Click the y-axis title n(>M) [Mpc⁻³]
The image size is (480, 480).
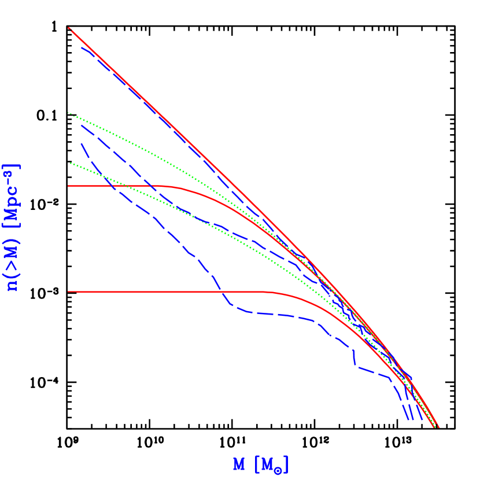coord(12,227)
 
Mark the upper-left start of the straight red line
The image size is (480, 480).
coord(69,28)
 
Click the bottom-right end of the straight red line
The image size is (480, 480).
coord(438,427)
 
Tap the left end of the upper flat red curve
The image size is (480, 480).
coord(69,186)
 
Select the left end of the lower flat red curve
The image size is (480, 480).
coord(69,291)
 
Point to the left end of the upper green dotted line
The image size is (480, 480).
coord(69,113)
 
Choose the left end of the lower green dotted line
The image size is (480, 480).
coord(69,163)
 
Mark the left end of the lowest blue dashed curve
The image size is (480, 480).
coord(82,143)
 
